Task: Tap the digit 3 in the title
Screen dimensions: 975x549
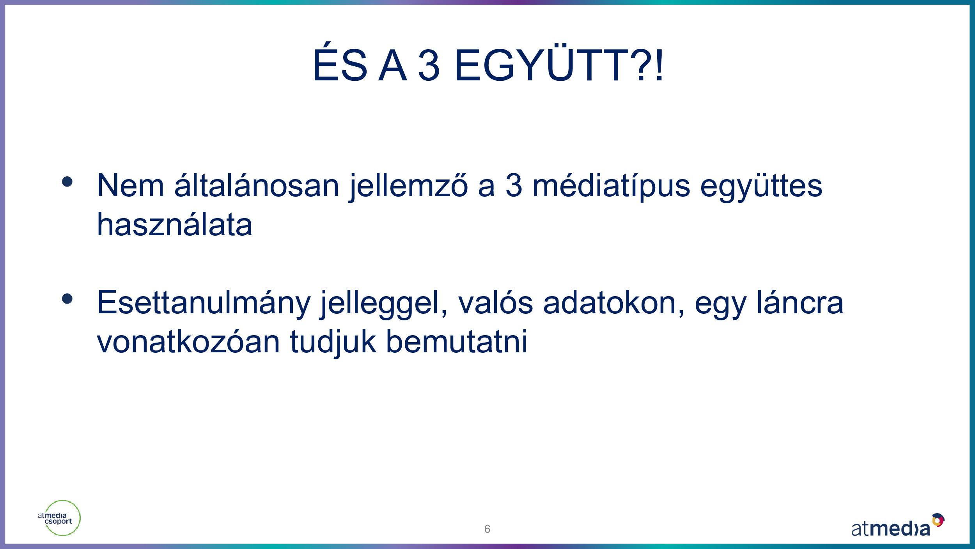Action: (x=429, y=65)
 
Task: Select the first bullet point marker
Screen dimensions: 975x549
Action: (x=67, y=182)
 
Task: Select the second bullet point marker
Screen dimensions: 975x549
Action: (x=67, y=298)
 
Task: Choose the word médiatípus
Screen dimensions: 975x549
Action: (x=611, y=187)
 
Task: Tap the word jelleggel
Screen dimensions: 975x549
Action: (x=383, y=304)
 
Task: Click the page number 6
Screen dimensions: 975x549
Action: (x=487, y=529)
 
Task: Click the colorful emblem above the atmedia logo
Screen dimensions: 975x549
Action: (x=938, y=520)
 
